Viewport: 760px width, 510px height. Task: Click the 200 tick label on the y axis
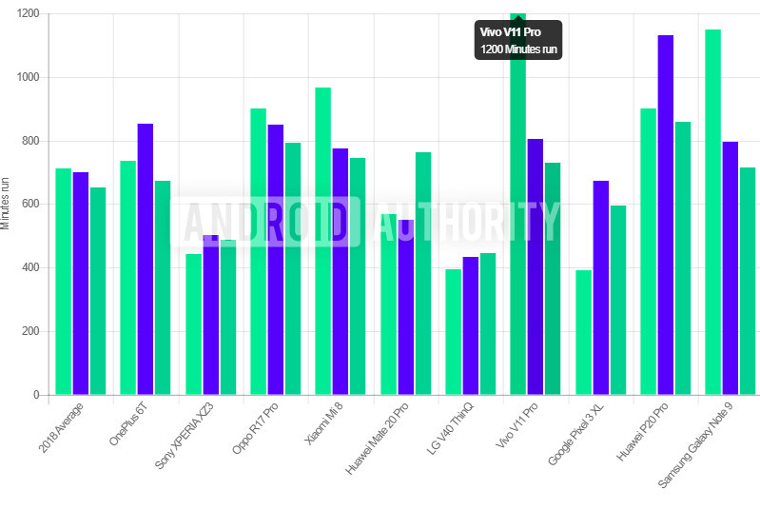click(x=30, y=331)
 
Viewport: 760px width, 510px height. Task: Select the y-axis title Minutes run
click(x=7, y=204)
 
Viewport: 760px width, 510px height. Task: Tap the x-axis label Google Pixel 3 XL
click(x=576, y=433)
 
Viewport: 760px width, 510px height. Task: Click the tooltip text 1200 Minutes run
click(x=518, y=49)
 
